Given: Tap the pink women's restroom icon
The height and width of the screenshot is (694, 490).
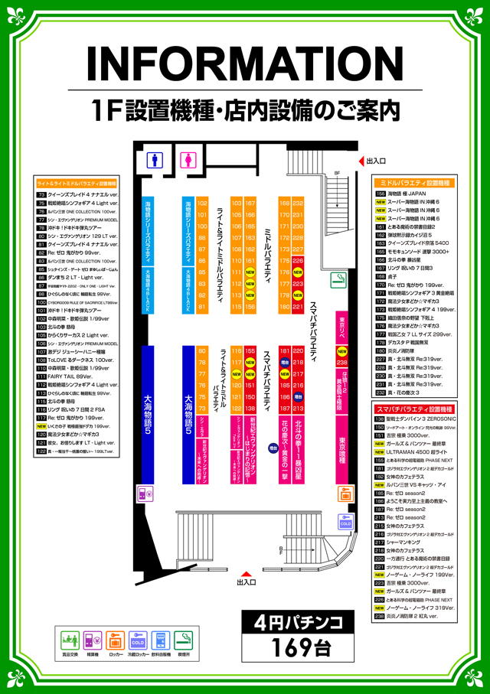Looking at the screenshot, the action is pyautogui.click(x=186, y=160).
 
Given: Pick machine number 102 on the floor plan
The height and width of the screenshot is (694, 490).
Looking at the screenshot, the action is pyautogui.click(x=203, y=204).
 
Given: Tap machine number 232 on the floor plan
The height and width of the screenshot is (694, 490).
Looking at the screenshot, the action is pyautogui.click(x=298, y=204).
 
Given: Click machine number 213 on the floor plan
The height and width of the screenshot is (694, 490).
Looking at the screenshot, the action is pyautogui.click(x=298, y=409).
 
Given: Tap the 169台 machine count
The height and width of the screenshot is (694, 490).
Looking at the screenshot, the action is pyautogui.click(x=300, y=646).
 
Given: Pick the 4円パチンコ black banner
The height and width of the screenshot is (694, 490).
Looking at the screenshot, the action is pyautogui.click(x=300, y=619).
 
